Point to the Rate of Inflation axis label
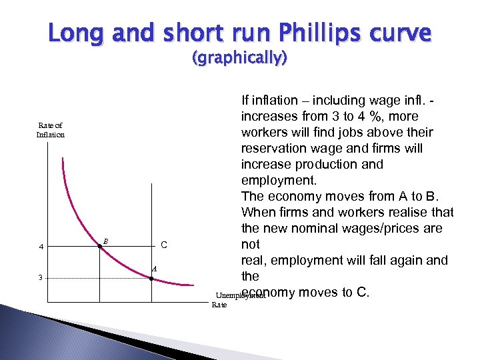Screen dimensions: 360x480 click(x=51, y=130)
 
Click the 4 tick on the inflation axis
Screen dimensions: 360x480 click(x=41, y=247)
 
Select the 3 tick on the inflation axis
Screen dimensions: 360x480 click(x=41, y=278)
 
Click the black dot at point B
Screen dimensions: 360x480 click(x=100, y=247)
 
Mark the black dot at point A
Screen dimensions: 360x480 click(x=151, y=278)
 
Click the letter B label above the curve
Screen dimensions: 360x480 click(x=105, y=241)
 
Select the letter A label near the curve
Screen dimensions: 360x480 click(x=154, y=269)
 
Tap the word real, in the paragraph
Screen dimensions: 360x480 click(x=253, y=260)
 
